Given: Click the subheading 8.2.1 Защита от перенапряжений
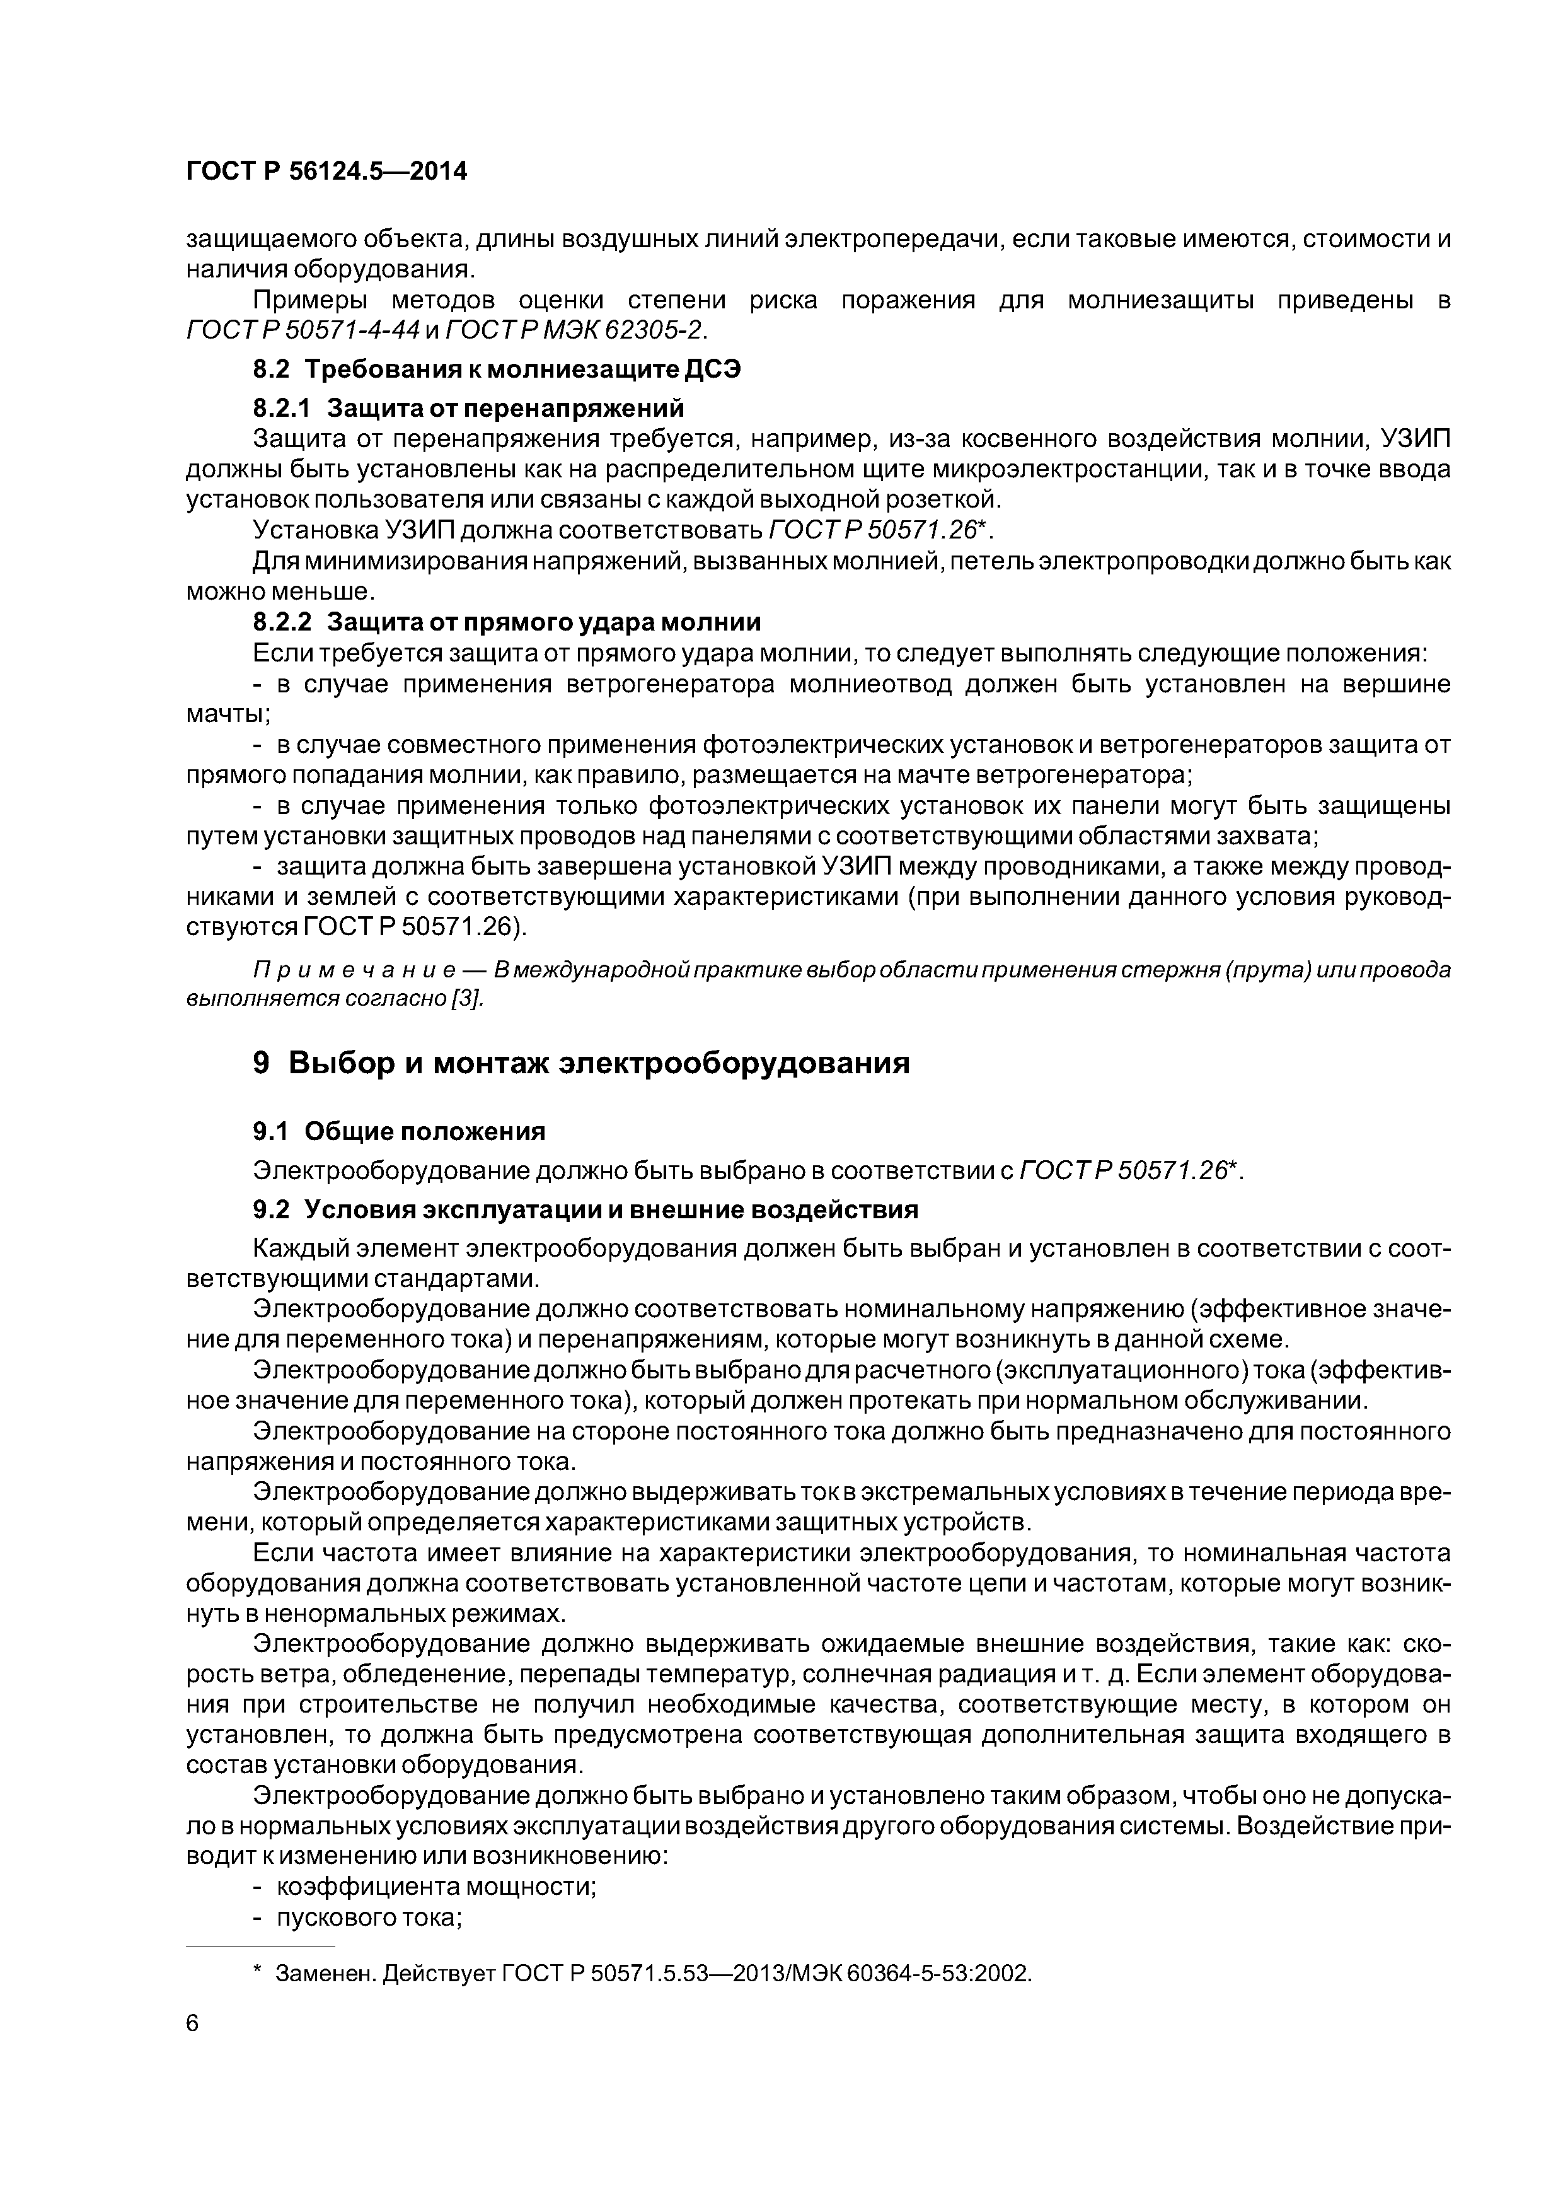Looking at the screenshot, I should click(x=468, y=409).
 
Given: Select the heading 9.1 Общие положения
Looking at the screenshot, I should click(x=399, y=1131).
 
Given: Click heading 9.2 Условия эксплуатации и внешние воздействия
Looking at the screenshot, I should click(x=585, y=1209).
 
